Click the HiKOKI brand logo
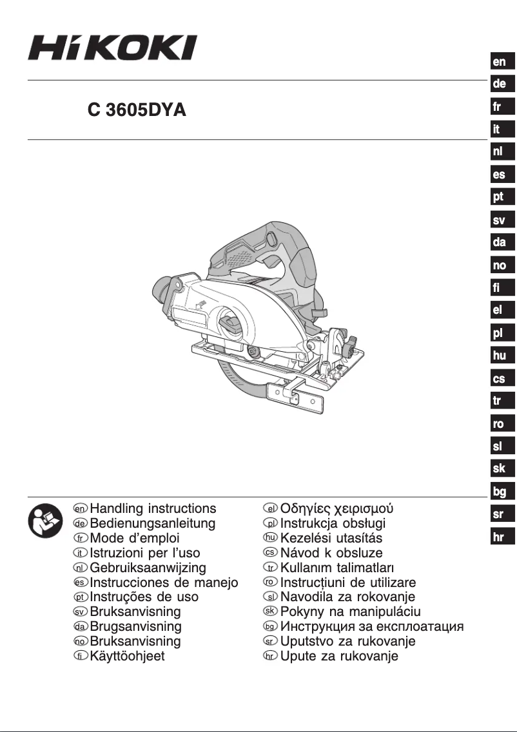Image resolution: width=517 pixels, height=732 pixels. coord(112,48)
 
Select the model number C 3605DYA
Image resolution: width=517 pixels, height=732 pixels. coord(137,110)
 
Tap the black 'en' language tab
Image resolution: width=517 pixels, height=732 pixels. coord(500,62)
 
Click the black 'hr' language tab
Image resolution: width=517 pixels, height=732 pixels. coord(500,537)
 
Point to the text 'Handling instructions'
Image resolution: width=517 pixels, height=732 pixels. coord(153,509)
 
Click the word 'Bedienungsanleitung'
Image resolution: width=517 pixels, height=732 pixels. coord(153,524)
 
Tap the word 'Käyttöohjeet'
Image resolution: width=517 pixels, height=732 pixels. coord(128,657)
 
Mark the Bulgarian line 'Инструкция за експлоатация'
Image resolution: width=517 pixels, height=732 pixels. coord(373,626)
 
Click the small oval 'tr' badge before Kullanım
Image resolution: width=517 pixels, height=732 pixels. coord(272,568)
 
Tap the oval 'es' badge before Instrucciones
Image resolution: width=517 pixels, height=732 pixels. coord(81,583)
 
